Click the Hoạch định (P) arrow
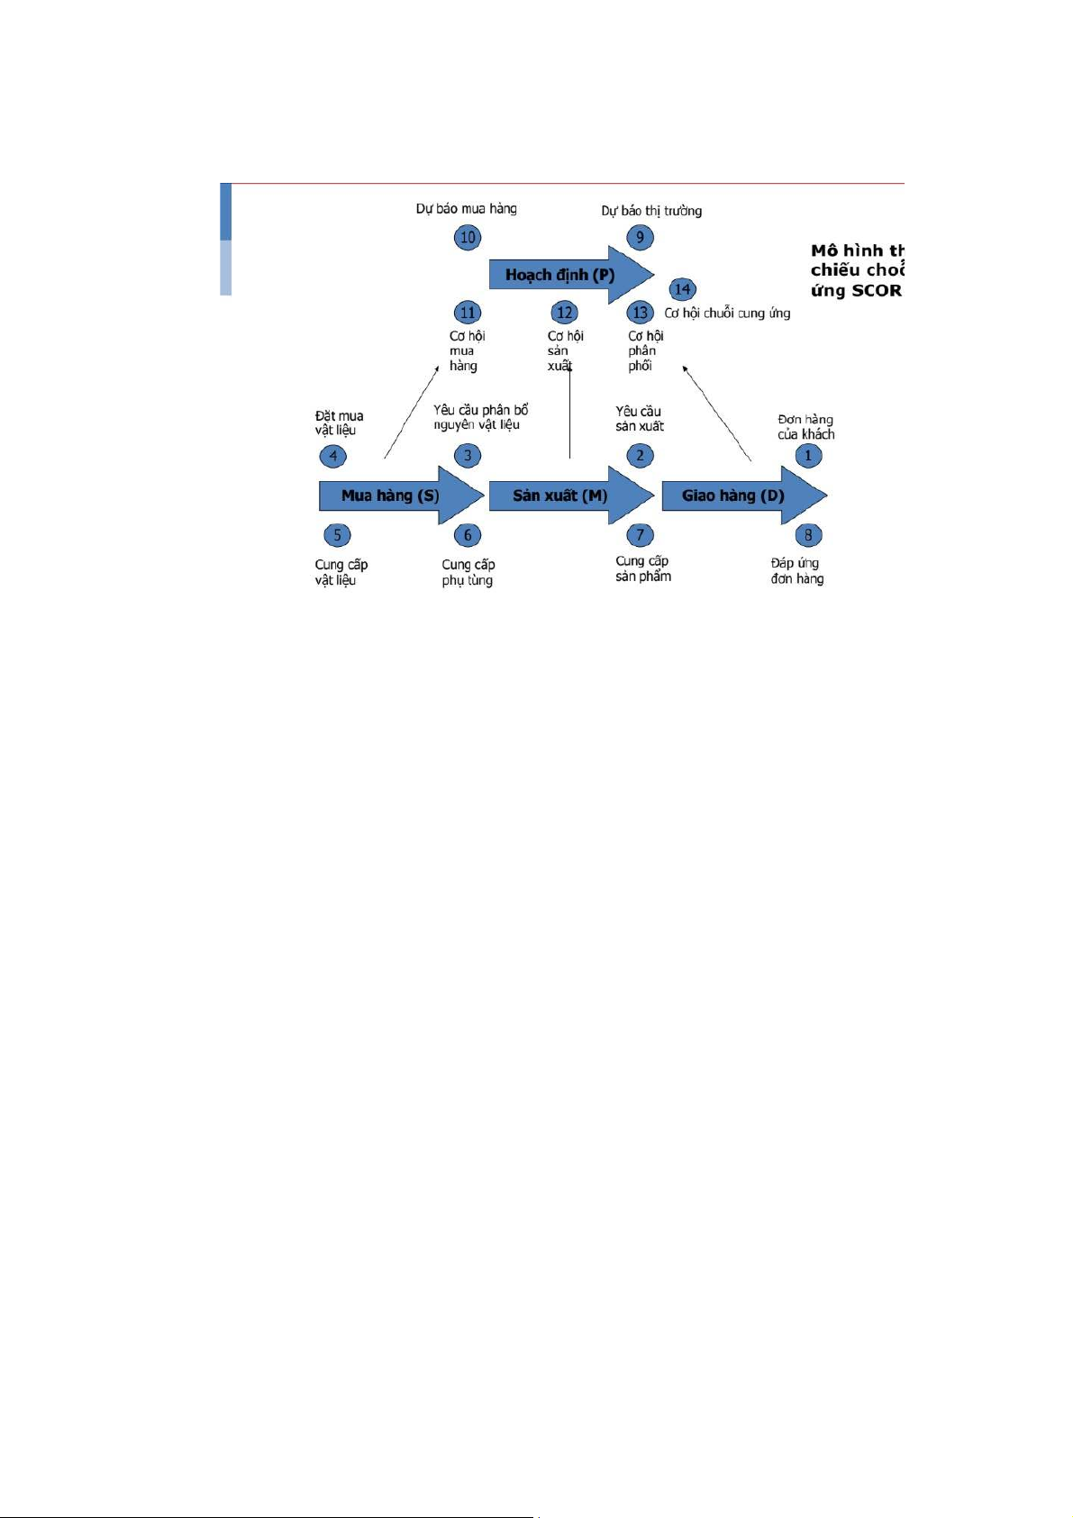[x=560, y=274]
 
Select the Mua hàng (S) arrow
[x=391, y=495]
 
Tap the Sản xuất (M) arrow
[x=560, y=495]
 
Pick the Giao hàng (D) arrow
[x=733, y=495]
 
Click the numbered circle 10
[x=468, y=238]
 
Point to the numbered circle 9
[x=640, y=238]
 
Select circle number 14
[x=682, y=289]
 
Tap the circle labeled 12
[x=564, y=313]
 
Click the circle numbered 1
[x=808, y=456]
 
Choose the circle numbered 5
[x=337, y=535]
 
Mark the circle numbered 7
[x=640, y=535]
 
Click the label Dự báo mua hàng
[x=466, y=209]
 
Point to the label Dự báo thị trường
[x=651, y=211]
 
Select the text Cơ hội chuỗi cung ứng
[x=727, y=314]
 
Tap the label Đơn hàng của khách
[x=806, y=427]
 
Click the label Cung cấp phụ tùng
[x=468, y=572]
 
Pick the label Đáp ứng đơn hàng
[x=796, y=571]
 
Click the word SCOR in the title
[x=876, y=290]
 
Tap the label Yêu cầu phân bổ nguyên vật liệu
[x=479, y=417]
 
